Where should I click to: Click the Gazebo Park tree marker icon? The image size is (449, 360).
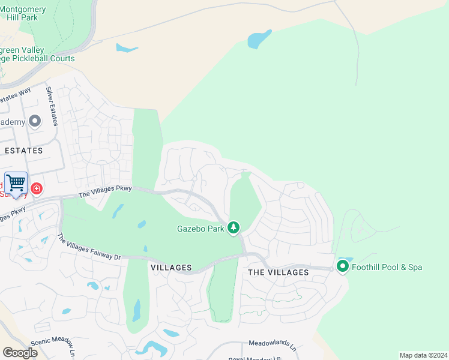[x=234, y=227]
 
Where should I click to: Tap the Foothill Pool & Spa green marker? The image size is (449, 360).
[x=343, y=266]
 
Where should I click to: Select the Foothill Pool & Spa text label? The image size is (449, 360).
[x=387, y=266]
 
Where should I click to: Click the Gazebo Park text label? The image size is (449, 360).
[x=200, y=229]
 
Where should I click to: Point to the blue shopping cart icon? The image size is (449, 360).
[x=16, y=183]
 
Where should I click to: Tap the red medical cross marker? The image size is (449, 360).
[x=37, y=189]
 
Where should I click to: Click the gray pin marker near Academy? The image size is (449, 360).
[x=35, y=121]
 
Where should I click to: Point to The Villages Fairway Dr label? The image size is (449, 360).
[x=89, y=247]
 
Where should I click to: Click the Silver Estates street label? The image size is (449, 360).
[x=52, y=106]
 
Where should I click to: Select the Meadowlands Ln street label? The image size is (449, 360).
[x=273, y=346]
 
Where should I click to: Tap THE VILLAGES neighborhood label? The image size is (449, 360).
[x=279, y=272]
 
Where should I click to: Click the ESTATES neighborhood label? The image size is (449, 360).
[x=23, y=151]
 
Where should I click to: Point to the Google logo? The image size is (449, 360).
[x=20, y=352]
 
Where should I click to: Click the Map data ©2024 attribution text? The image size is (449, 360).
[x=423, y=355]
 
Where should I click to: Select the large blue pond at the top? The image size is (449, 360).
[x=259, y=39]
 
